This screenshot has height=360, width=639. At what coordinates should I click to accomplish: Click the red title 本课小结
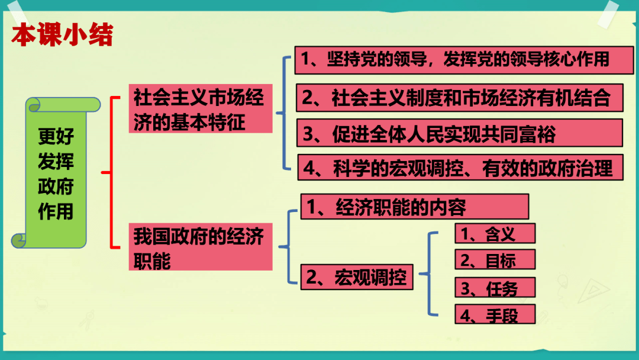[x=62, y=36]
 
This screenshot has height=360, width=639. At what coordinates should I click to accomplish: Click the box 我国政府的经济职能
[x=200, y=247]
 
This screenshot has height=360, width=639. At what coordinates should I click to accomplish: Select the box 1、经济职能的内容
[x=414, y=207]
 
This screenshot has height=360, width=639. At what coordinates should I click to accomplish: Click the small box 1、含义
[x=495, y=233]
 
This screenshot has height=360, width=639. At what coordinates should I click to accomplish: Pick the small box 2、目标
[x=495, y=260]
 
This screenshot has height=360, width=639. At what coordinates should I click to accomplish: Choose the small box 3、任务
[x=495, y=288]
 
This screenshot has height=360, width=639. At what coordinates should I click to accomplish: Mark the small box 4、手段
[x=495, y=314]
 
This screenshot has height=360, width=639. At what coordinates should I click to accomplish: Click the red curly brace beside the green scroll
[x=109, y=173]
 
